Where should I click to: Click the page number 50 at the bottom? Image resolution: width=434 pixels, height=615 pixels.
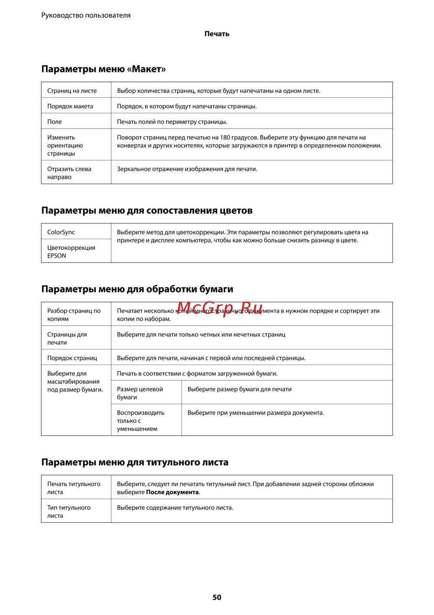pos(217,597)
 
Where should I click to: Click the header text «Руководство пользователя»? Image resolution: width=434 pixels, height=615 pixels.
pos(86,15)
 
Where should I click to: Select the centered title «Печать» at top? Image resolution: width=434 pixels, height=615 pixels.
pos(217,34)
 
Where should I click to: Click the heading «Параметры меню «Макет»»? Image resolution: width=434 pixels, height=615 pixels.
pos(103,69)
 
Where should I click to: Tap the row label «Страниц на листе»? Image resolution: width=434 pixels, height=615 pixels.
pos(72,91)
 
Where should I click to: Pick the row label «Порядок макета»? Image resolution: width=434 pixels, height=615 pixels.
pos(70,106)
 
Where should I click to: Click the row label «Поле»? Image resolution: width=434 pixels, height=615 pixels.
pos(55,122)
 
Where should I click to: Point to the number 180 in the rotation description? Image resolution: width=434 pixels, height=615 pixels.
pos(225,137)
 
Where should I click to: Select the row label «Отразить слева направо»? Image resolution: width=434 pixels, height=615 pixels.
pos(69,173)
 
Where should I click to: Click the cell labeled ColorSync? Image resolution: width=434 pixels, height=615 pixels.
pos(61,232)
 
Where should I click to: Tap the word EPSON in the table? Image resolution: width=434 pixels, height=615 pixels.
pos(57,256)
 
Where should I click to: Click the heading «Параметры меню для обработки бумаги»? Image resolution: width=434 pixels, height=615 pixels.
pos(137,289)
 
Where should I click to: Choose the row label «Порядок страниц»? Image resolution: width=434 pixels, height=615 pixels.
pos(72,358)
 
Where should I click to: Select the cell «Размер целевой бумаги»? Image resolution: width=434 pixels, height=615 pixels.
pos(140,393)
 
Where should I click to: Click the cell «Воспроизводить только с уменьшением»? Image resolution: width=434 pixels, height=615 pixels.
pos(141,420)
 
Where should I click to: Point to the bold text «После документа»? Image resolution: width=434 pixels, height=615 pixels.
pos(172,492)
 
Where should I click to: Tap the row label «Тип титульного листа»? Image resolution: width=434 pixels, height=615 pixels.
pos(69,512)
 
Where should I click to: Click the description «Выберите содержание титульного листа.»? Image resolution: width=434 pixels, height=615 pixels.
pos(175,508)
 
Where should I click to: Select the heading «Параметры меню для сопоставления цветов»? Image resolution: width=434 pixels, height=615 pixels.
pos(147,210)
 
